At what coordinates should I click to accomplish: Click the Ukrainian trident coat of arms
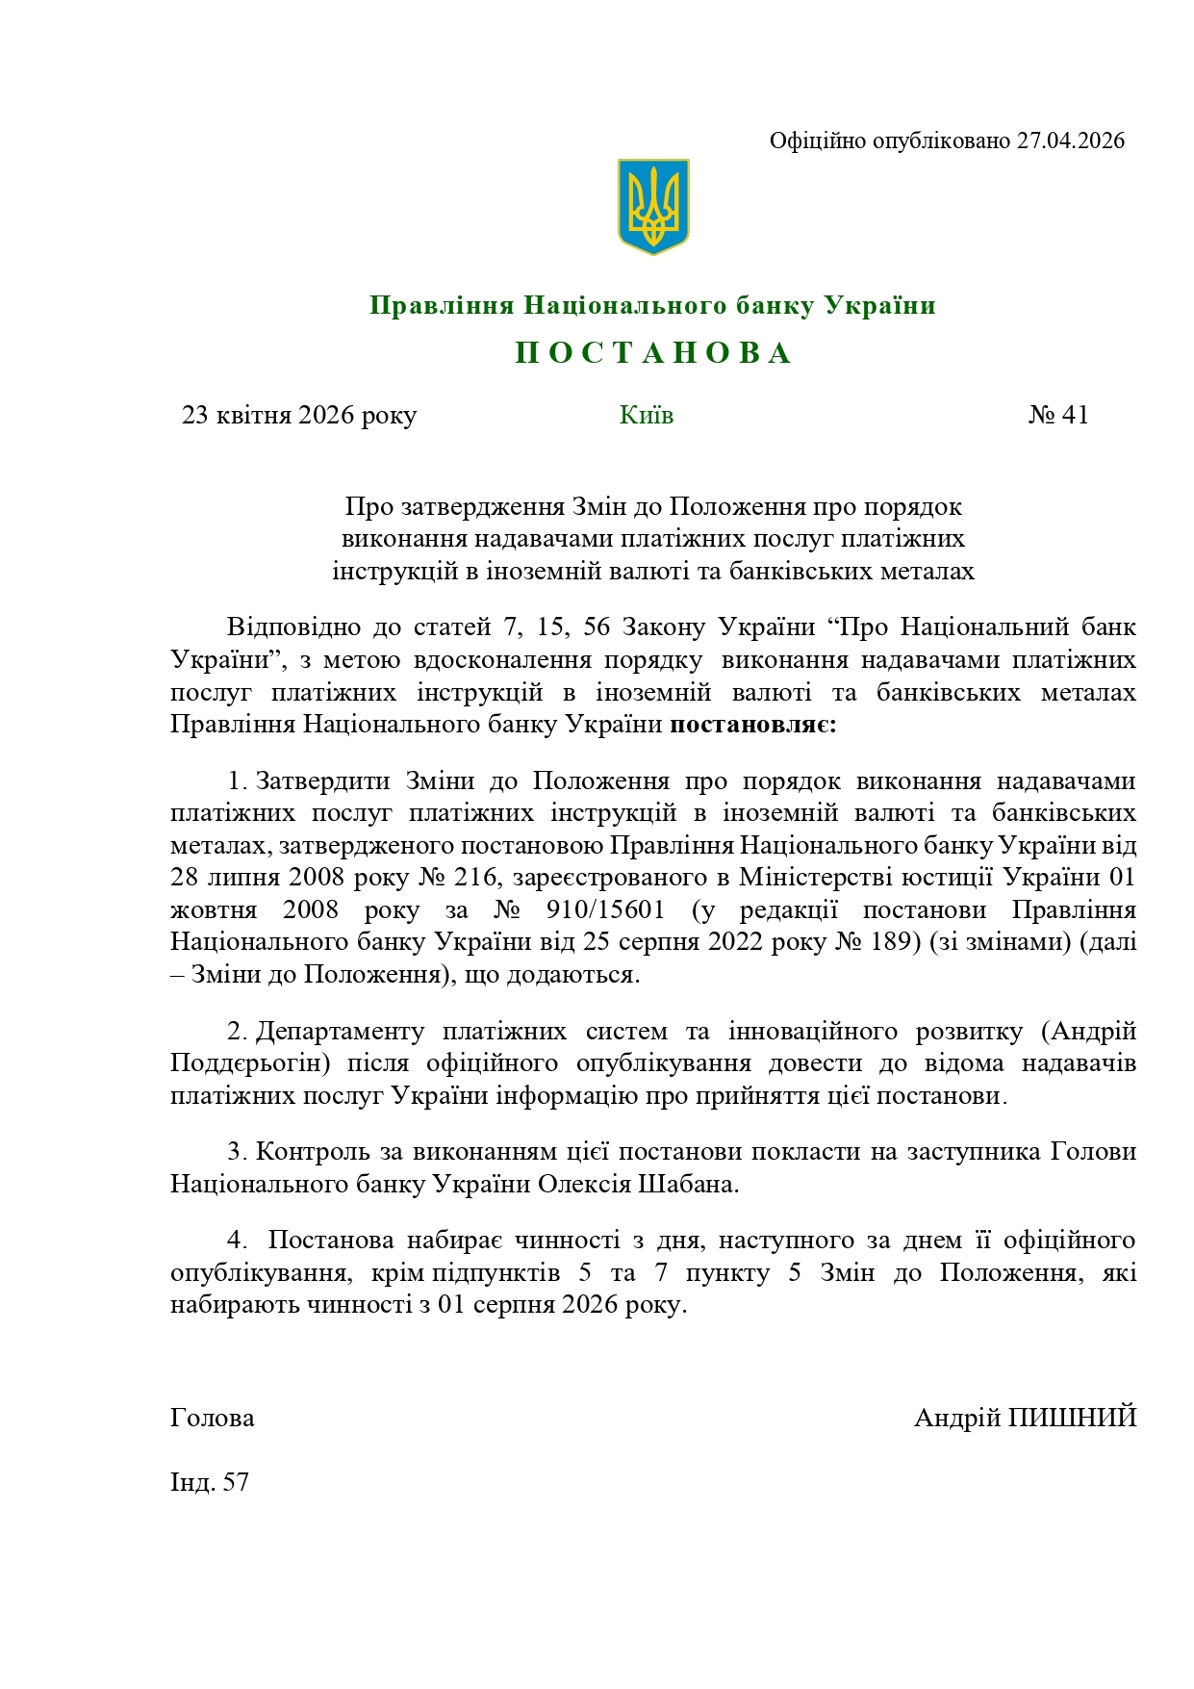[653, 207]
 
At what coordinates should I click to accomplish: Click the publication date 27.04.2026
[1071, 141]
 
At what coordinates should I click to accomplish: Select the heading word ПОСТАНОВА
[653, 353]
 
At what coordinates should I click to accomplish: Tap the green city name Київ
[647, 415]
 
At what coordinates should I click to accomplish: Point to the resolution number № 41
[1058, 415]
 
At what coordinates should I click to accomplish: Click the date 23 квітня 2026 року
[299, 415]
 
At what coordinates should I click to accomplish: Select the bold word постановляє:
[753, 724]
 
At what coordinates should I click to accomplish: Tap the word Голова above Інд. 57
[213, 1418]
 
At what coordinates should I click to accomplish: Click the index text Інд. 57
[210, 1482]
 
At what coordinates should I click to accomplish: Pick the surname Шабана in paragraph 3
[688, 1184]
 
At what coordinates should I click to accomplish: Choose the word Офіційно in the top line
[817, 141]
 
